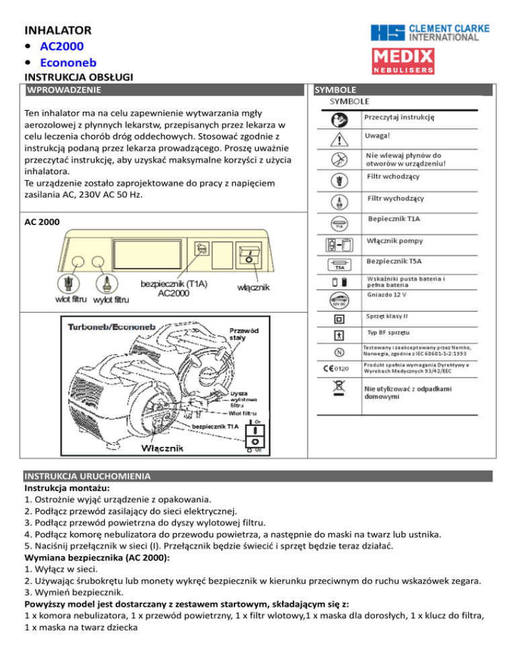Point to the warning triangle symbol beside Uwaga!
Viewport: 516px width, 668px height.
[x=341, y=140]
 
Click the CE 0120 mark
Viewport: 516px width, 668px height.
[x=339, y=368]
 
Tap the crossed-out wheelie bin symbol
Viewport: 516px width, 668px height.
[x=339, y=391]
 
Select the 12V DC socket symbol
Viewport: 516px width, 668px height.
[x=339, y=298]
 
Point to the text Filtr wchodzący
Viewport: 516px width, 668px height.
[x=394, y=177]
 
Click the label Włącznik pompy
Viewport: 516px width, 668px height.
[x=395, y=241]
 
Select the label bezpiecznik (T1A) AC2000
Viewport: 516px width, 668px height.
[x=174, y=288]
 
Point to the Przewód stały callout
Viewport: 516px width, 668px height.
[x=245, y=334]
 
